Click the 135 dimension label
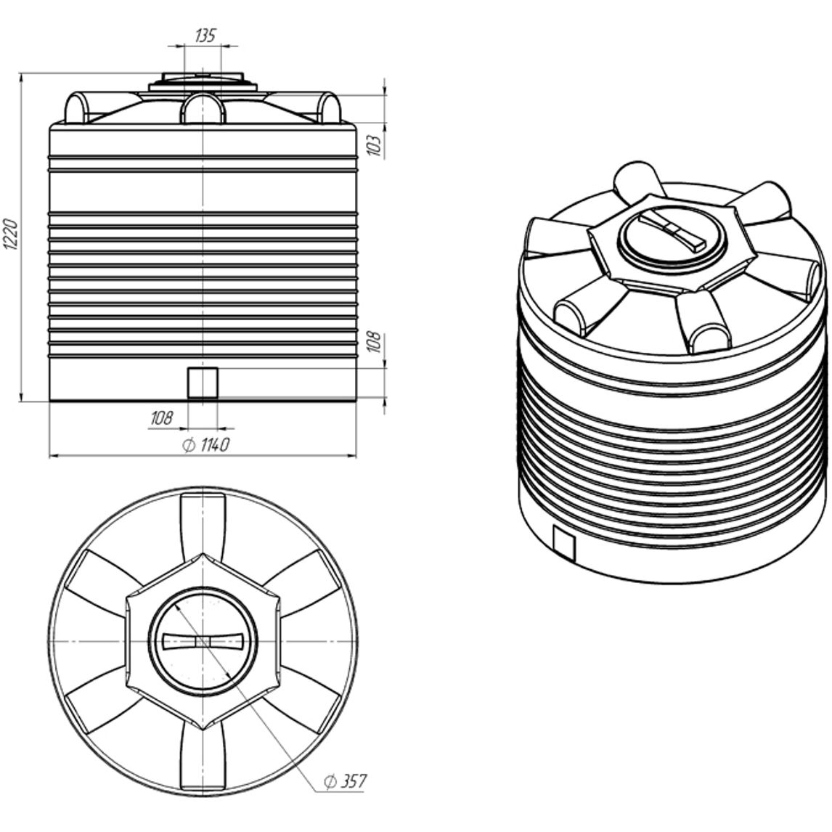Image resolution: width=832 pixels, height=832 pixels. (205, 36)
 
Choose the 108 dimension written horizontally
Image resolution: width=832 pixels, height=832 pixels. (161, 417)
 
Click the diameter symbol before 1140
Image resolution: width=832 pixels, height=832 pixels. (187, 445)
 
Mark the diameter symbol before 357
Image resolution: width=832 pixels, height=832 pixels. (329, 782)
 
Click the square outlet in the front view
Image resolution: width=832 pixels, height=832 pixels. (203, 383)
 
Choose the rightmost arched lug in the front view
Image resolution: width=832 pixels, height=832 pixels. (328, 109)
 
